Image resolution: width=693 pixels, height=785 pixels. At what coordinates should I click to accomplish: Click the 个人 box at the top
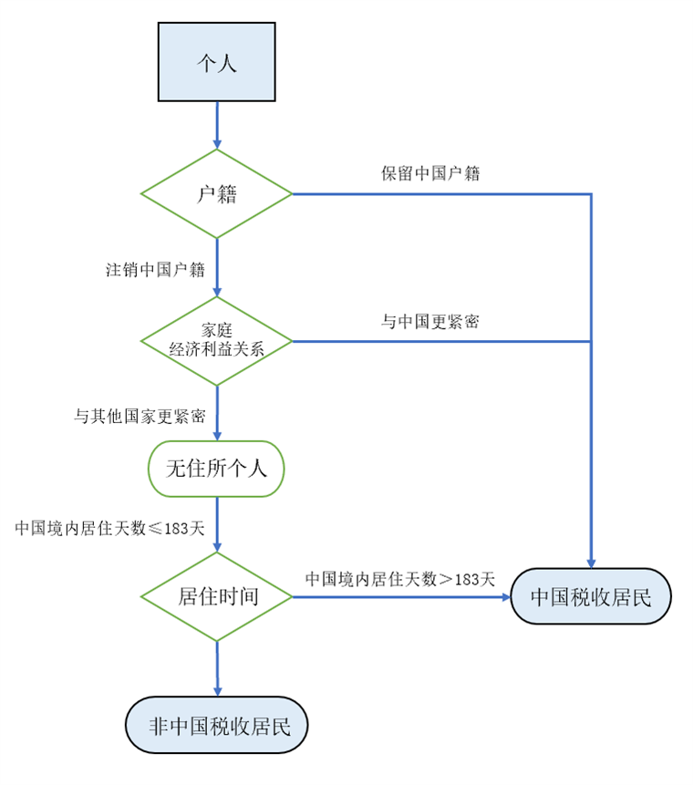click(217, 62)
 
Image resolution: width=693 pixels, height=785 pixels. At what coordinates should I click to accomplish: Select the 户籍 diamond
click(217, 194)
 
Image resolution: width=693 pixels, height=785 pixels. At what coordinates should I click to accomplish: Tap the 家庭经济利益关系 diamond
click(217, 341)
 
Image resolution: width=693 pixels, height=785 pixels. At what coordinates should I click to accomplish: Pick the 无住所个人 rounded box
click(216, 469)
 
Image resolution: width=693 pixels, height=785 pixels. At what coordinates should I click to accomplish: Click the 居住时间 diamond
click(217, 597)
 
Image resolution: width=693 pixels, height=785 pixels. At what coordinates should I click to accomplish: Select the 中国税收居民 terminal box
click(591, 597)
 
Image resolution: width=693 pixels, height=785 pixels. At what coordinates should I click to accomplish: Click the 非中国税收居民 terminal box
click(217, 726)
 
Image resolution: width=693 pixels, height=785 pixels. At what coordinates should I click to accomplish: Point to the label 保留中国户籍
click(430, 173)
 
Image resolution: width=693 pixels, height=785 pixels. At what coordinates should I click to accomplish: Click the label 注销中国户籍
click(154, 271)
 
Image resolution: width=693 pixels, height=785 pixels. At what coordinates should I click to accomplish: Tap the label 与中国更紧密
click(430, 321)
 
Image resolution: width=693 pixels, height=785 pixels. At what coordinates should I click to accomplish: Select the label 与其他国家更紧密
click(139, 416)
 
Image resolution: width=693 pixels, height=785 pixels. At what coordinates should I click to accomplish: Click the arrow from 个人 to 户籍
click(217, 124)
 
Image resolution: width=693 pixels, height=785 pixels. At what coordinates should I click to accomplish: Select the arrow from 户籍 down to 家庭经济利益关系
click(217, 266)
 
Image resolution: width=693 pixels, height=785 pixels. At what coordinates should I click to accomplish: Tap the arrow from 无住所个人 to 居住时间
click(217, 524)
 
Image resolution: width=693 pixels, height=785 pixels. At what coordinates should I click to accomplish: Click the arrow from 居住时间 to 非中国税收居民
click(217, 669)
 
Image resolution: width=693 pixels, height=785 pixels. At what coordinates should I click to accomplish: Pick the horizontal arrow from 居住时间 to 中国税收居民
click(401, 597)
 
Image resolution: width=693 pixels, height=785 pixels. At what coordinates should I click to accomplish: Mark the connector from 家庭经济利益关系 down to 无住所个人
click(217, 412)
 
